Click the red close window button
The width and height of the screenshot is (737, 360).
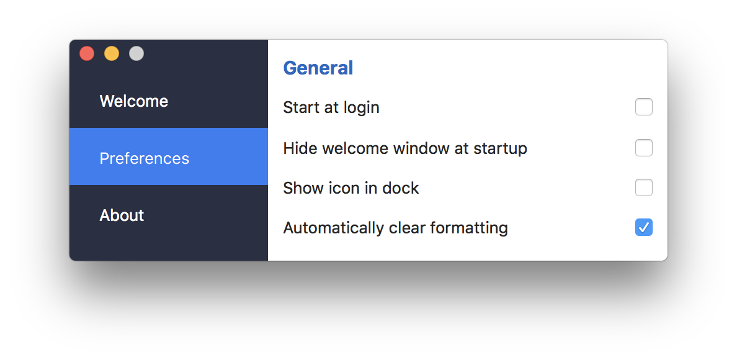pos(87,53)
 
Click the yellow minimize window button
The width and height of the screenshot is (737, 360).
pos(112,53)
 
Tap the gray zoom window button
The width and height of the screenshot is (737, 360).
pos(136,53)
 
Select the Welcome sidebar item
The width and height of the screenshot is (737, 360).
pos(134,101)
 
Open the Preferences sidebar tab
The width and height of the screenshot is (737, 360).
pos(145,158)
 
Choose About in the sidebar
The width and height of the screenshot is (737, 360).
pos(122,215)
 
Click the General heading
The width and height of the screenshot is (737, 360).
pos(318,68)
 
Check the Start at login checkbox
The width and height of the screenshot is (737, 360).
pos(644,107)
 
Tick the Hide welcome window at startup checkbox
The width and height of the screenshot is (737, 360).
pos(644,148)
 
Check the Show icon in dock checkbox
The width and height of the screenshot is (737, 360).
pos(644,187)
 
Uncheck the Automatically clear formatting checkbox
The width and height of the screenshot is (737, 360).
pos(644,227)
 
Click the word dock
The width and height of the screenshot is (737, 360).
pos(400,188)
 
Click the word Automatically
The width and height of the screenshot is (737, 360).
pos(334,228)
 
